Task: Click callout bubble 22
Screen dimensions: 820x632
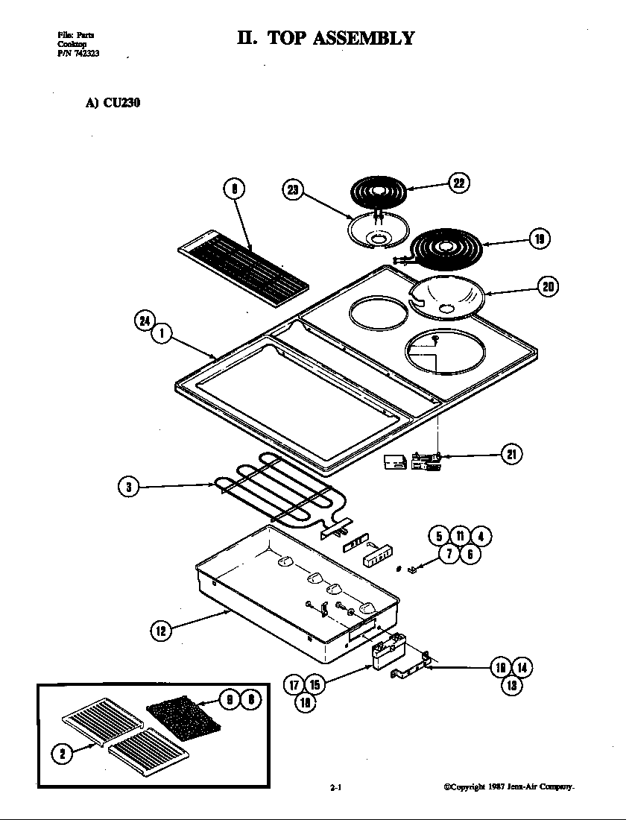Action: coord(458,183)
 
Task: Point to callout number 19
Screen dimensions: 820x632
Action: coord(539,239)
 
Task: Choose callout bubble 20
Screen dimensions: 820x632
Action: coord(548,287)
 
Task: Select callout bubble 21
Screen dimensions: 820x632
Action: coord(511,454)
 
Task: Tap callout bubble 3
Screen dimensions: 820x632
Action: coord(129,488)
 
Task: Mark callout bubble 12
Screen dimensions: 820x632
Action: coord(161,631)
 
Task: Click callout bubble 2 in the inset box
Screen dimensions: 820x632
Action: coord(62,754)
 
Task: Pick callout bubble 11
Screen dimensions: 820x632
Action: coord(460,536)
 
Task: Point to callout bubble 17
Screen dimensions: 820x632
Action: coord(294,684)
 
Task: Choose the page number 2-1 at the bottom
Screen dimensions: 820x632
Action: coord(335,786)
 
